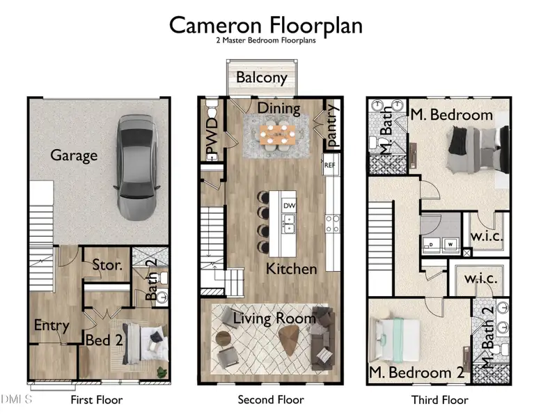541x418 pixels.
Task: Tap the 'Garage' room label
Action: [x=74, y=155]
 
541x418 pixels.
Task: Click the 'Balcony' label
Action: [x=261, y=77]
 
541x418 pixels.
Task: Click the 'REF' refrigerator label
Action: [x=329, y=166]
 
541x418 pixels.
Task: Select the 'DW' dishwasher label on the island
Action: [x=289, y=206]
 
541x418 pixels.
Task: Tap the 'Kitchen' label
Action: [x=292, y=268]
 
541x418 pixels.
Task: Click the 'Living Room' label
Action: [x=274, y=318]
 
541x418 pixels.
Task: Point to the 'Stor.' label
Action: [x=108, y=265]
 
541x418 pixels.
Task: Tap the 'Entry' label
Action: [x=52, y=325]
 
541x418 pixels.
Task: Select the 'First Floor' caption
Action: [x=96, y=400]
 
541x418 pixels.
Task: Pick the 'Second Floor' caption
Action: [x=271, y=400]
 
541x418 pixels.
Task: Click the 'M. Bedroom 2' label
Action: [x=417, y=373]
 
